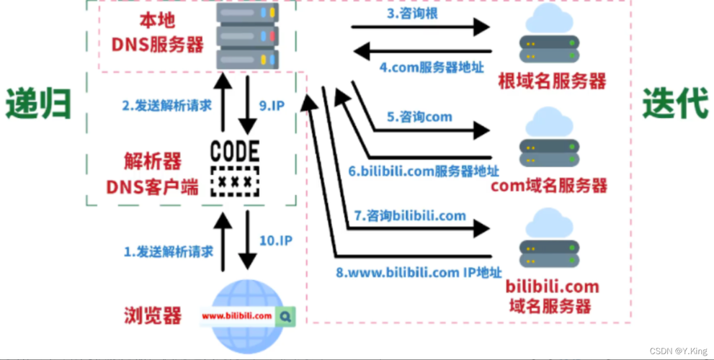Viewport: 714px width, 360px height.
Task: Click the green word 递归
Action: tap(38, 105)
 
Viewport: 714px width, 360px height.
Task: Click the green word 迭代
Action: tap(674, 105)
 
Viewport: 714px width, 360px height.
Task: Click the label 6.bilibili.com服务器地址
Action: tap(424, 171)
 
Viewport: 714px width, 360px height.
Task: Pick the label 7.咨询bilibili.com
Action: tap(410, 215)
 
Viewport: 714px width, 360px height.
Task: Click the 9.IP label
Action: tap(271, 105)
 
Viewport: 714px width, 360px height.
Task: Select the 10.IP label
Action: tap(275, 240)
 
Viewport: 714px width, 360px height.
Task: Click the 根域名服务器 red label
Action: tap(552, 81)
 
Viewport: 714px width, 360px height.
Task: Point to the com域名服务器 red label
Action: tap(549, 186)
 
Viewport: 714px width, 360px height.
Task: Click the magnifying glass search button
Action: tap(286, 315)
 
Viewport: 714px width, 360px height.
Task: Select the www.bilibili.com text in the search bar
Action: tap(236, 316)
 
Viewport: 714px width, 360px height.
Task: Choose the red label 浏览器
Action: tap(152, 315)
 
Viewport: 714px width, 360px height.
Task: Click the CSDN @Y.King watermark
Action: tap(679, 351)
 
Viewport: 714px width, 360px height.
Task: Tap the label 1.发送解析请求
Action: tap(168, 252)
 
